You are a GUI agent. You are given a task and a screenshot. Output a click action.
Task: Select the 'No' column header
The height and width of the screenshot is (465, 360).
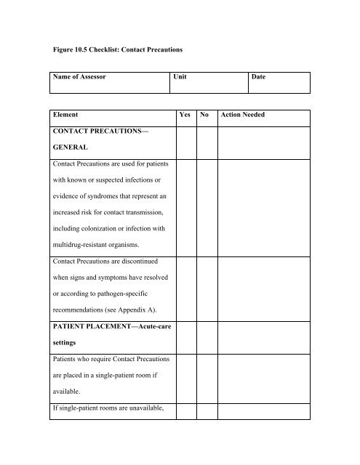[x=206, y=115]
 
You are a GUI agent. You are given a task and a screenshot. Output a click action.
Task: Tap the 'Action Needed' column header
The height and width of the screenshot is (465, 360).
[x=250, y=115]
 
